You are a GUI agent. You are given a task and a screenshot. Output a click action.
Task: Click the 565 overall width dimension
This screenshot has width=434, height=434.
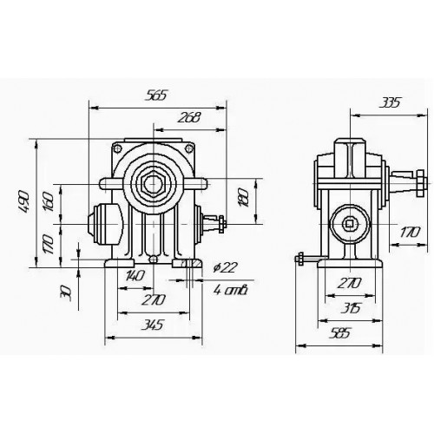[156, 95]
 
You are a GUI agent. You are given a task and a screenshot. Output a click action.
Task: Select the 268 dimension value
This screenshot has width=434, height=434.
[189, 117]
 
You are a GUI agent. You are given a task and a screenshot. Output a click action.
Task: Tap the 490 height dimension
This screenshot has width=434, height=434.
[25, 201]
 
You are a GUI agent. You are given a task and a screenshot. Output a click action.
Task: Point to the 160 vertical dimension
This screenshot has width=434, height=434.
[49, 201]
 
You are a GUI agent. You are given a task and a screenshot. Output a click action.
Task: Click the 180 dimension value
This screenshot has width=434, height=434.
[243, 197]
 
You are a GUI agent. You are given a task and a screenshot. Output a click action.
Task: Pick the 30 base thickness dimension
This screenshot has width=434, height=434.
[65, 293]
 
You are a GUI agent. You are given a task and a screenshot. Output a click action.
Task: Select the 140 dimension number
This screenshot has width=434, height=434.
[135, 275]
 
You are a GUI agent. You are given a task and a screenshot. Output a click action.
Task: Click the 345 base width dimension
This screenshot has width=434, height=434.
[152, 325]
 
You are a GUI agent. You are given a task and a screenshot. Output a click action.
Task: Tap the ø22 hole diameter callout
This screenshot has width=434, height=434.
[225, 267]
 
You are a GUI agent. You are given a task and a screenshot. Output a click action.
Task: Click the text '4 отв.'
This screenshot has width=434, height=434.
[231, 290]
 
